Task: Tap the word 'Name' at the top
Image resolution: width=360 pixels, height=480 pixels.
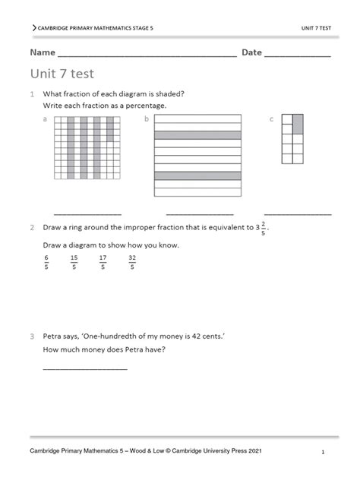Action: coord(43,52)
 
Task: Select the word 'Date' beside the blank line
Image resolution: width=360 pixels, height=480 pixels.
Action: coord(251,52)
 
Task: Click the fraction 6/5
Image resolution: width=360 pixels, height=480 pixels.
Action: coord(46,262)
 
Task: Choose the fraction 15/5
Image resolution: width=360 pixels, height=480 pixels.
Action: coord(74,262)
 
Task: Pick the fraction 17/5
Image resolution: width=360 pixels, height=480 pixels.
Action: coord(103,262)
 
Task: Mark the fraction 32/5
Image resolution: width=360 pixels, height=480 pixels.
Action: coord(131,262)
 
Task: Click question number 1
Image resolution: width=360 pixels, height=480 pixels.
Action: coord(32,94)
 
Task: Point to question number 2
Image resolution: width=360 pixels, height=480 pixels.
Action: coord(32,227)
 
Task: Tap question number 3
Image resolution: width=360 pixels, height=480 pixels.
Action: coord(32,336)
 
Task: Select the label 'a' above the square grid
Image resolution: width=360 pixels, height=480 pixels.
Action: coord(46,119)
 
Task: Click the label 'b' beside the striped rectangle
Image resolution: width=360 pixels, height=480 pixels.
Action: coord(147,119)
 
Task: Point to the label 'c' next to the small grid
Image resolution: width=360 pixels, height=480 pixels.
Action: coord(271,119)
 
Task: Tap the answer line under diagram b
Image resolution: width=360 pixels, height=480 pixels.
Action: coord(199,213)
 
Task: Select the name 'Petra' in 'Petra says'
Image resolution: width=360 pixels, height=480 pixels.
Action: coord(53,336)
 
